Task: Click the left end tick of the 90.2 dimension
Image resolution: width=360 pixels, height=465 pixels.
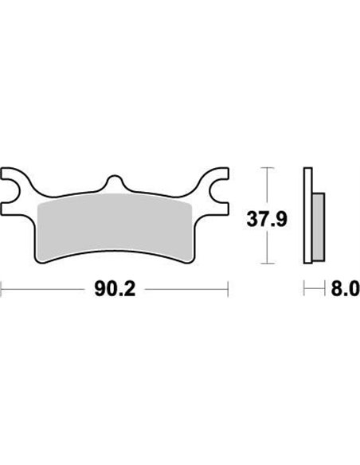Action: click(x=2, y=288)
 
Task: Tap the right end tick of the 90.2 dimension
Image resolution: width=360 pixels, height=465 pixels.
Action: click(x=229, y=288)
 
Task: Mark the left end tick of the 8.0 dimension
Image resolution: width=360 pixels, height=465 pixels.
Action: click(x=304, y=288)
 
